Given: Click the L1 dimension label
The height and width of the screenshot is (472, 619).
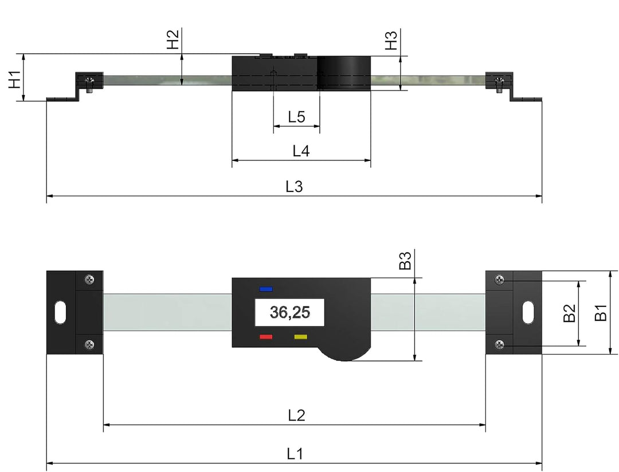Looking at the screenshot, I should (x=295, y=454).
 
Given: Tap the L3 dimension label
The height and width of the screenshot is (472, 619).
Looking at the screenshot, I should (x=294, y=187).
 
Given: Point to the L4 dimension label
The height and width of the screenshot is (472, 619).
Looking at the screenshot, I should (x=301, y=152).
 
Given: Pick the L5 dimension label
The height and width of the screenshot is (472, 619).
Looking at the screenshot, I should (x=296, y=118).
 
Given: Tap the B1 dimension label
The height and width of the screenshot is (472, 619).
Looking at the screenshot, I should (x=600, y=313).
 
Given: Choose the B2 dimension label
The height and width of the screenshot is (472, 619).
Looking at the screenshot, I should (x=569, y=313).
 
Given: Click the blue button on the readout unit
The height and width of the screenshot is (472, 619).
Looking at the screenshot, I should (x=266, y=289).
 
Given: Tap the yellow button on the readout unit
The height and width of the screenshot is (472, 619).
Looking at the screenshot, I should (x=301, y=337).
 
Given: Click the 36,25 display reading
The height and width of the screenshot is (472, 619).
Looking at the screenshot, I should (x=289, y=313).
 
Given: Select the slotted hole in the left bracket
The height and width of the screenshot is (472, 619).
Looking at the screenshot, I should (x=60, y=313).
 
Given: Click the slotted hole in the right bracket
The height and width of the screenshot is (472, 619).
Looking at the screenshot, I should (x=527, y=313).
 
